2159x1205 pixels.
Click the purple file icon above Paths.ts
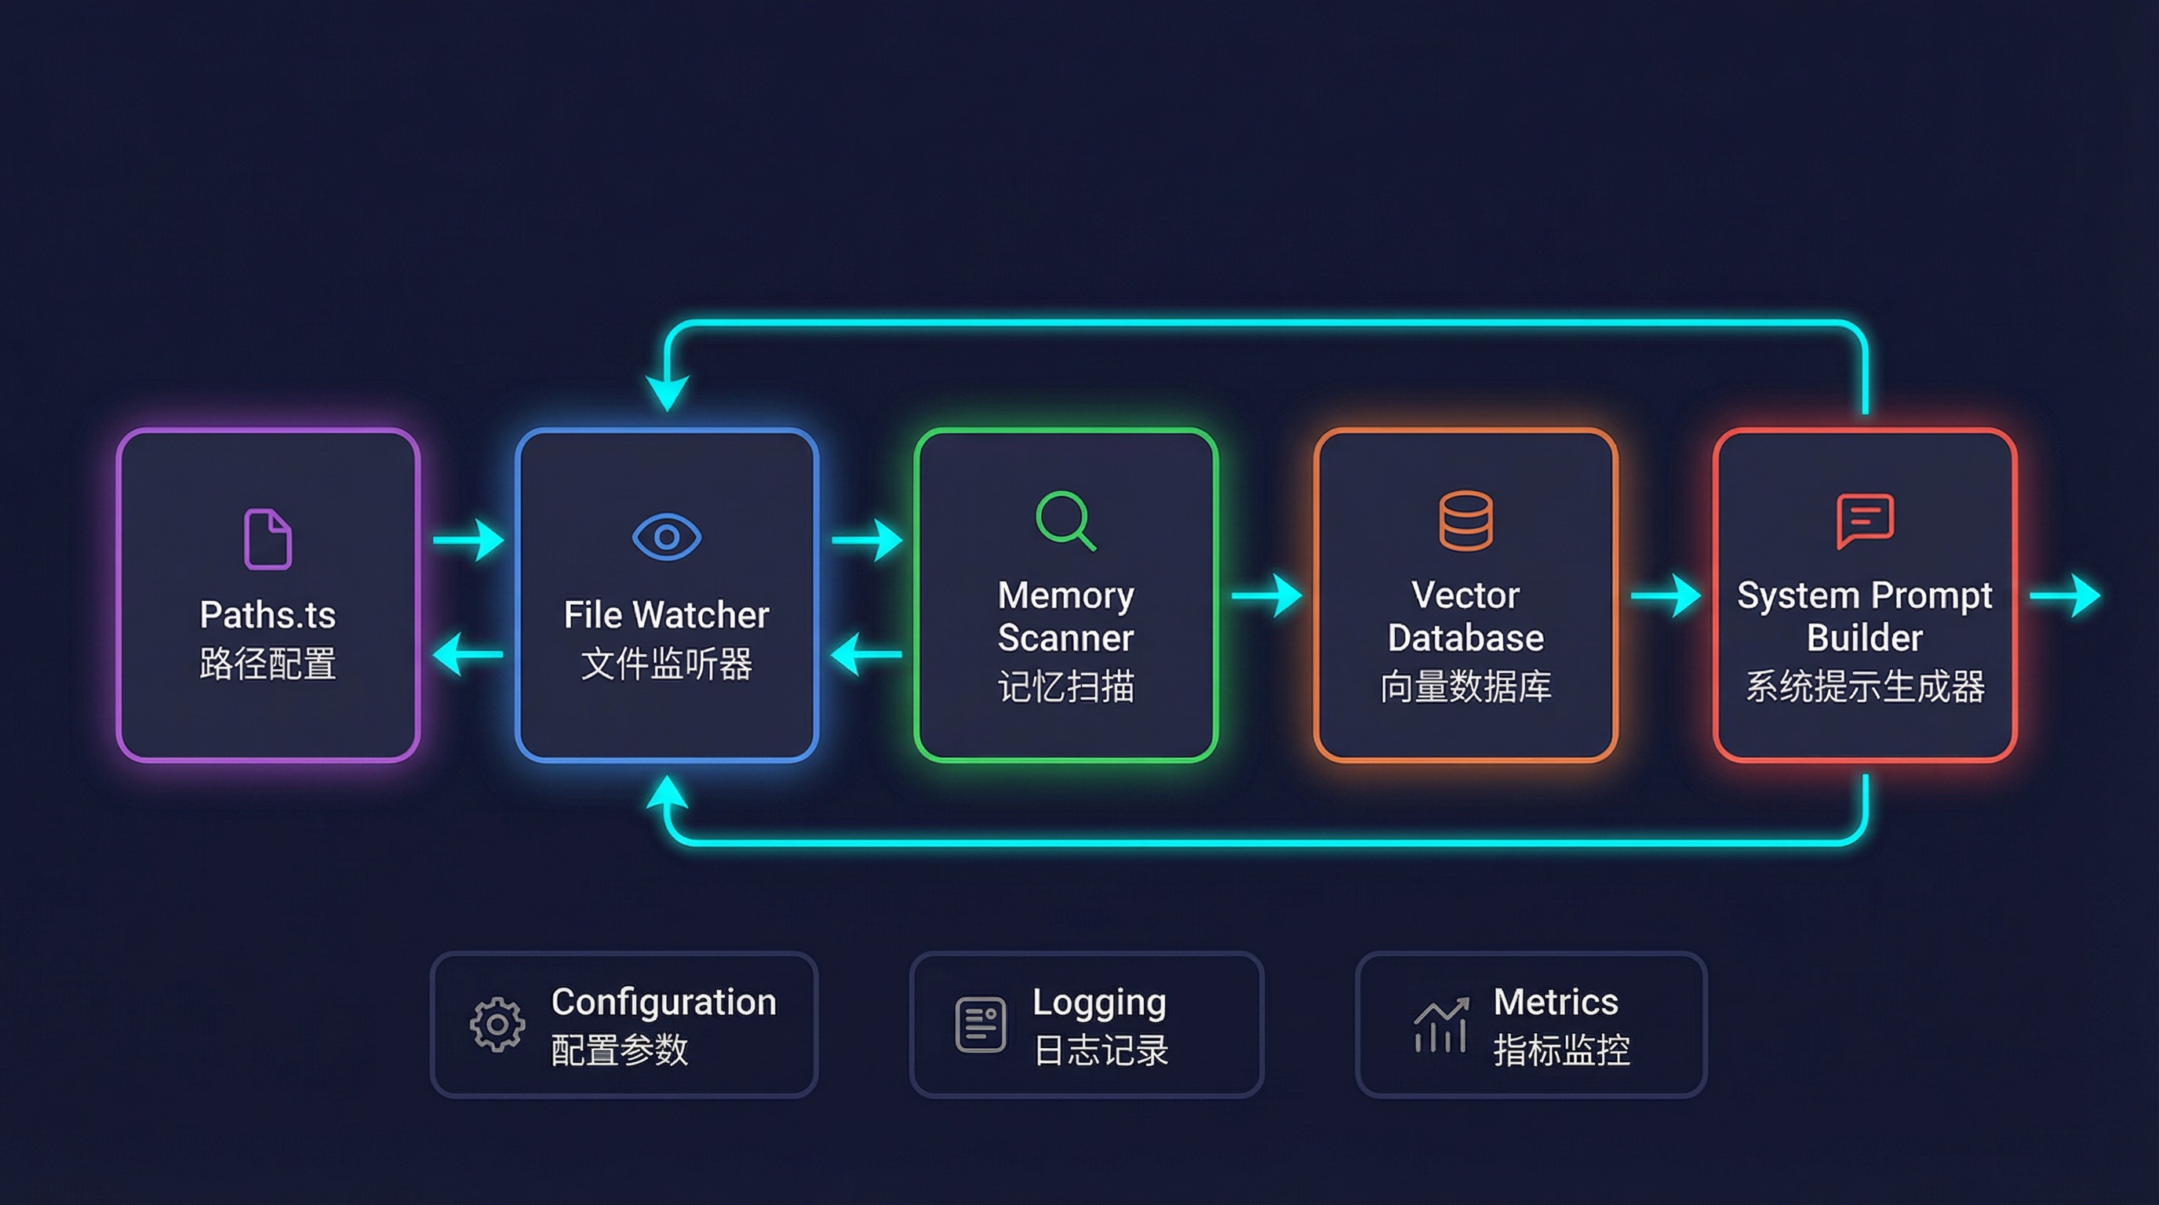tap(268, 539)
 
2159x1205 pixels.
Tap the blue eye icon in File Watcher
tap(666, 537)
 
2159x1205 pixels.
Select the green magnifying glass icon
tap(1065, 520)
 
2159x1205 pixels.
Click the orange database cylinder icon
tap(1465, 520)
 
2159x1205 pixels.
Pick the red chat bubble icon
tap(1864, 519)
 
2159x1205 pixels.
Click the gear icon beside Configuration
tap(497, 1024)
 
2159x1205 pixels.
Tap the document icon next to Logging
tap(980, 1024)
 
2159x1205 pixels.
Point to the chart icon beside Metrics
tap(1440, 1024)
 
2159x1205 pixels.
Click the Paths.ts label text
tap(268, 615)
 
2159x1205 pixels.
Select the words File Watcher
tap(666, 615)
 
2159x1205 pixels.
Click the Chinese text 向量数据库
tap(1465, 686)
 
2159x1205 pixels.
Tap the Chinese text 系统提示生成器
tap(1864, 686)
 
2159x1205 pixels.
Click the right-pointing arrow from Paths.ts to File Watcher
tap(469, 540)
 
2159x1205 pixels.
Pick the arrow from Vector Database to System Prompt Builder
tap(1666, 595)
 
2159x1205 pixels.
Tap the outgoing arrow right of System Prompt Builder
tap(2066, 595)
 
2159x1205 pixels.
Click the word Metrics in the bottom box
tap(1555, 1001)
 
